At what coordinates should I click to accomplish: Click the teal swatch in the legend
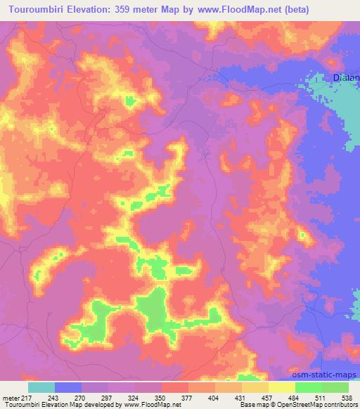pos(41,387)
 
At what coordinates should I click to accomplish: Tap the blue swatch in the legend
pos(67,387)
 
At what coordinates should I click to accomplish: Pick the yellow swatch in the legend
pos(282,387)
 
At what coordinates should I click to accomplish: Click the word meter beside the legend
pos(10,397)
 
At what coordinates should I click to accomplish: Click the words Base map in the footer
pos(252,405)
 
